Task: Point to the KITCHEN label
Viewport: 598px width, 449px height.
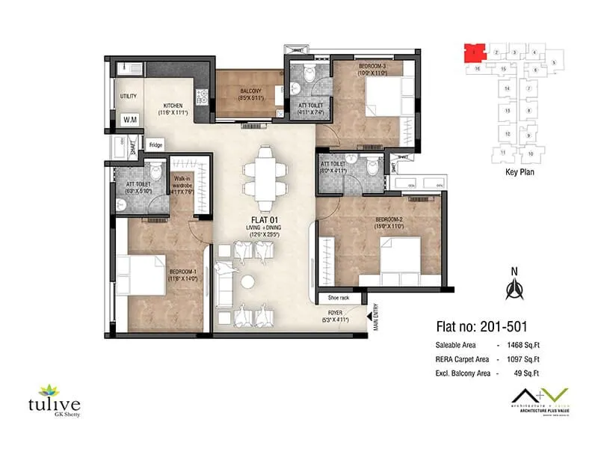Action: pos(174,106)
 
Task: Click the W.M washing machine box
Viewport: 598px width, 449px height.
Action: pos(129,120)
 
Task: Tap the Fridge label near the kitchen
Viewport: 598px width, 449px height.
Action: pos(155,144)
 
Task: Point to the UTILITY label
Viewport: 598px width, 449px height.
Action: pos(128,97)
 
